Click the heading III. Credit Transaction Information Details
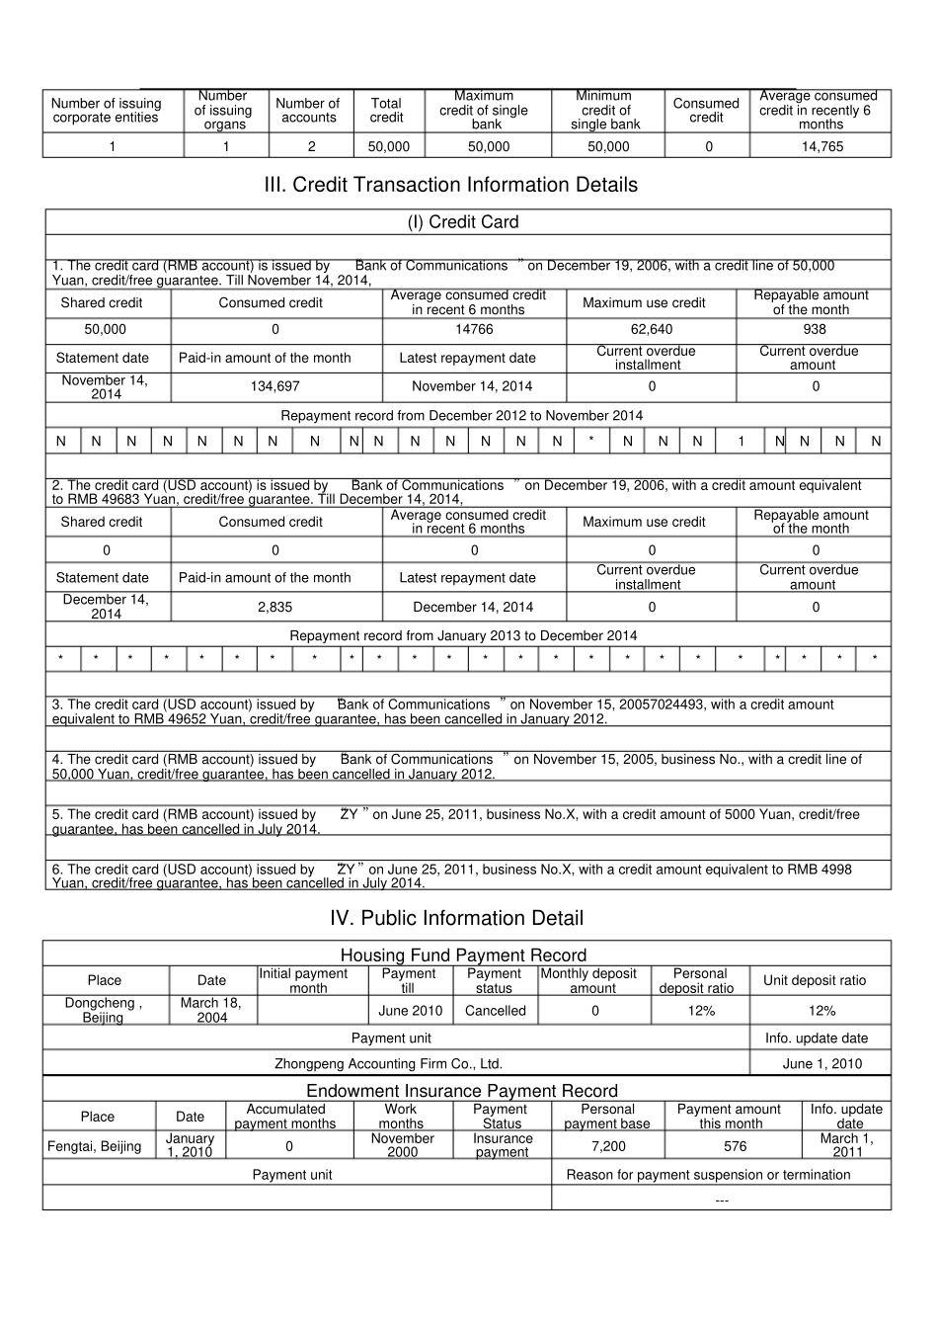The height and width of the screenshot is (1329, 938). pos(464,185)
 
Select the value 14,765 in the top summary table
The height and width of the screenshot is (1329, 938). pos(821,146)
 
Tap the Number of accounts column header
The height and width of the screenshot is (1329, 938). pos(308,110)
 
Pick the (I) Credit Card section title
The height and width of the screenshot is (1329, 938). pos(463,222)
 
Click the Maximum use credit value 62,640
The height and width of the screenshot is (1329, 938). pos(651,329)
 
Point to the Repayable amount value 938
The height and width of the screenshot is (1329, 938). pos(814,329)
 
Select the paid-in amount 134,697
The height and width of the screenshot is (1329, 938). pos(274,386)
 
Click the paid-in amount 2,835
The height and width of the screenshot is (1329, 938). pos(274,607)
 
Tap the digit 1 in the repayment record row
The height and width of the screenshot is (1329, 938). pos(742,442)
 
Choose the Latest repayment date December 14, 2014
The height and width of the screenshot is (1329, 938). pos(473,607)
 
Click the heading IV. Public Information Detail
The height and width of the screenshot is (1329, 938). pos(456,918)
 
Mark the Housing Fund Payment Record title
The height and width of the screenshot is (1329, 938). pos(463,955)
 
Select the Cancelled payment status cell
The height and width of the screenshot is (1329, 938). pos(495,1011)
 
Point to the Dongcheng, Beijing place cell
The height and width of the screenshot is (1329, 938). pos(104,1010)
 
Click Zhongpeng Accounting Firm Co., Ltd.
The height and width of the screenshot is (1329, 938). pos(388,1064)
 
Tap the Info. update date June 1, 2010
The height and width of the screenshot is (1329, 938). pos(821,1064)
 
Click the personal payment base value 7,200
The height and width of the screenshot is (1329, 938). pos(607,1146)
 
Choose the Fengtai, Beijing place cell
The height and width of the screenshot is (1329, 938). pos(95,1146)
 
